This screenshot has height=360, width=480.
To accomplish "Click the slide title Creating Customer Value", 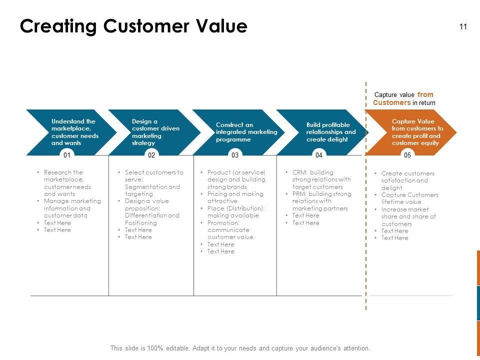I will (x=133, y=26).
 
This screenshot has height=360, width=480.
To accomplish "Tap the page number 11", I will (x=463, y=27).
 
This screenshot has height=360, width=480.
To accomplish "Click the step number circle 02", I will (x=151, y=155).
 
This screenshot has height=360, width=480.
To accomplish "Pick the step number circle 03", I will (x=235, y=155).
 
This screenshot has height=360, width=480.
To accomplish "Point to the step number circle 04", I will (x=319, y=155).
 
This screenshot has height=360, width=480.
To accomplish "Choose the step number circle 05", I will (x=407, y=155).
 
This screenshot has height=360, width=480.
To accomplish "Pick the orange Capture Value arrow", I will (x=412, y=132).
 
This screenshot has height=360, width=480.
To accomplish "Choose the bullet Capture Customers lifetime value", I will (x=409, y=198).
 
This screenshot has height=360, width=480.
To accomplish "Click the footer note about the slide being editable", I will (x=240, y=348).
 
